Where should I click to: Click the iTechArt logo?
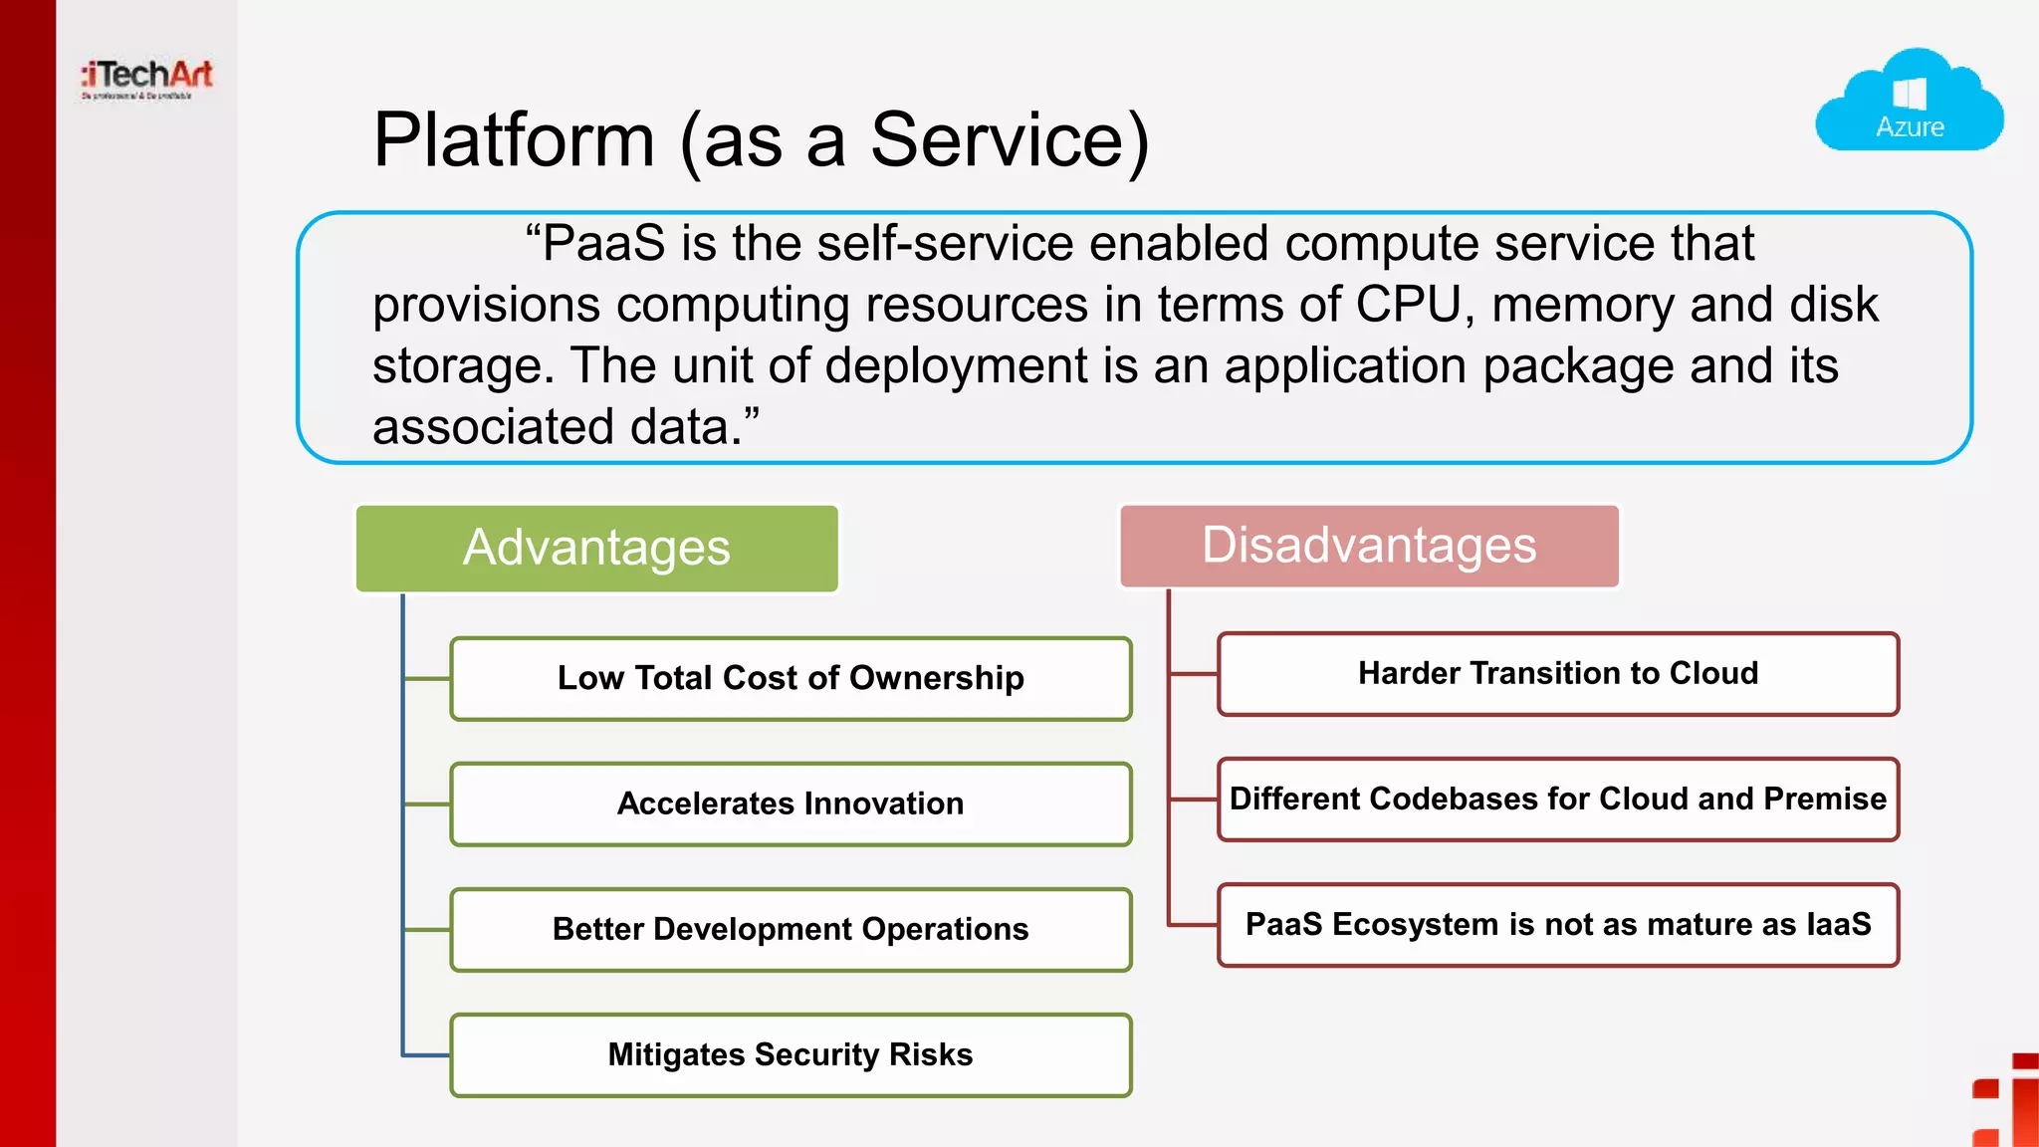[147, 78]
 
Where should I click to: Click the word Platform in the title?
[514, 140]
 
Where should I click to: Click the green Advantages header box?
[596, 549]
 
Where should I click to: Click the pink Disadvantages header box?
[1369, 546]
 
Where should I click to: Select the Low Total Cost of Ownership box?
[791, 678]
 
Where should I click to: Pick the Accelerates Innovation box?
[791, 803]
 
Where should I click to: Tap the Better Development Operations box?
[791, 929]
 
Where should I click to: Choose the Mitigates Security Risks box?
[791, 1054]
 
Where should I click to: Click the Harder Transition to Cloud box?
[1558, 673]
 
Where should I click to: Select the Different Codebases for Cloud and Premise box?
[1558, 799]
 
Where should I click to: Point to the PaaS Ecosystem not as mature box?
[1558, 924]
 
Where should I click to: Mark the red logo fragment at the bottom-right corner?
[2011, 1105]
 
